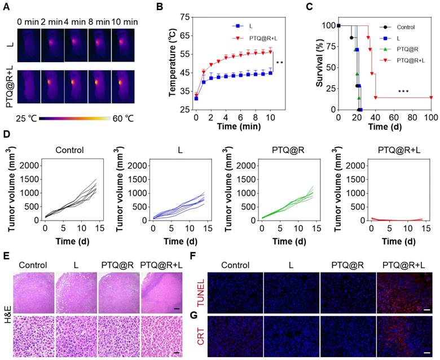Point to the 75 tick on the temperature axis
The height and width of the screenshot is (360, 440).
click(x=183, y=17)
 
